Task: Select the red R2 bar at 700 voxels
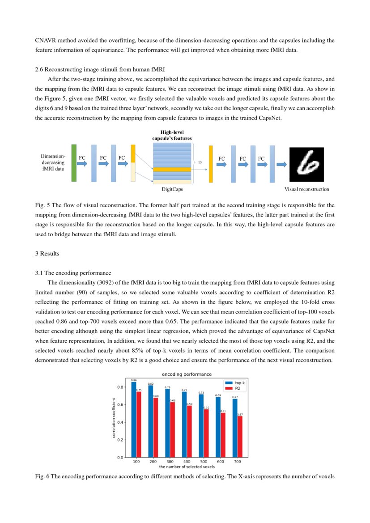click(240, 436)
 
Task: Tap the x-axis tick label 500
click(203, 461)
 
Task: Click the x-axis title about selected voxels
click(187, 467)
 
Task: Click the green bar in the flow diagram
click(74, 163)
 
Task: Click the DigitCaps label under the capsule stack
click(172, 190)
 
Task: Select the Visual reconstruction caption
click(306, 189)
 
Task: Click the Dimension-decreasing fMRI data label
click(53, 163)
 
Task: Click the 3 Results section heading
click(47, 254)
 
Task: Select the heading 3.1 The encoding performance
click(73, 273)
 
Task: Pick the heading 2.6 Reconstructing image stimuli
click(99, 69)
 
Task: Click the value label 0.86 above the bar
click(133, 380)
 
